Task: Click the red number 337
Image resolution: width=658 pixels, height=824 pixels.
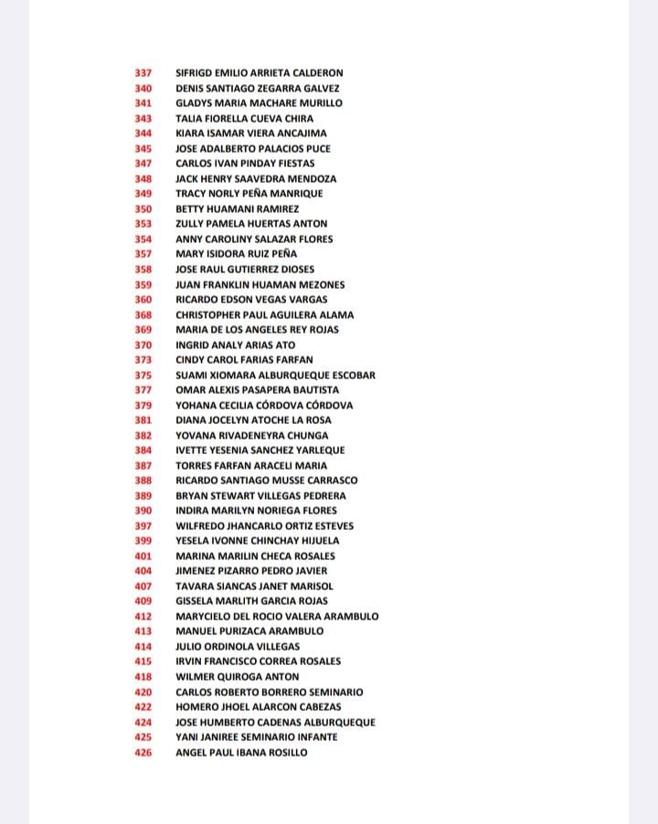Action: tap(143, 73)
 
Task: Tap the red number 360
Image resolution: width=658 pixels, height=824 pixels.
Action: tap(143, 300)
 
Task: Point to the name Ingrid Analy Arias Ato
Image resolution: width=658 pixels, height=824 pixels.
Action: tap(235, 345)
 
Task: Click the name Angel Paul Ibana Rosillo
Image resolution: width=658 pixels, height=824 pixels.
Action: tap(241, 753)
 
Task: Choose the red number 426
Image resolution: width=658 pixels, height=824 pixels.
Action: tap(143, 753)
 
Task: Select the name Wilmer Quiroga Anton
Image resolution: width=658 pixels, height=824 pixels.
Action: tap(237, 677)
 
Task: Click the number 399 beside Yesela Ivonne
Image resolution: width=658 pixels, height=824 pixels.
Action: tap(143, 541)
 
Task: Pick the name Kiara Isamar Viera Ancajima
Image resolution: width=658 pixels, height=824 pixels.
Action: tap(250, 133)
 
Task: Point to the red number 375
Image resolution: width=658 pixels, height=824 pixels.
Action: tap(143, 375)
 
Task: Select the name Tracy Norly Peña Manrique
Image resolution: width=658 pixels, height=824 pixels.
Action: tap(249, 194)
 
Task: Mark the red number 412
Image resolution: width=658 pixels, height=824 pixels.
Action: tap(143, 617)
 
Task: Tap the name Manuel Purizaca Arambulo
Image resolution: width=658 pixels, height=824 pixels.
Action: tap(249, 631)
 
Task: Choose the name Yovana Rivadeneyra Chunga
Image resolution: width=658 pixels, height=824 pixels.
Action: tap(251, 436)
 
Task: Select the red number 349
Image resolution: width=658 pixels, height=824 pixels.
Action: tap(143, 194)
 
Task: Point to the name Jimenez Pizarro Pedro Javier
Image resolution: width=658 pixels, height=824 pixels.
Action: tap(251, 571)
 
